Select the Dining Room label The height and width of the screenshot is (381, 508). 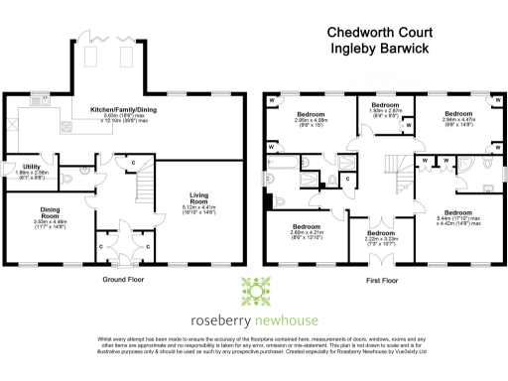coord(51,211)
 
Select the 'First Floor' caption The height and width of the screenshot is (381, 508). coord(384,280)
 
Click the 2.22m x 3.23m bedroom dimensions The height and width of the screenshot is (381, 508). coord(382,238)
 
